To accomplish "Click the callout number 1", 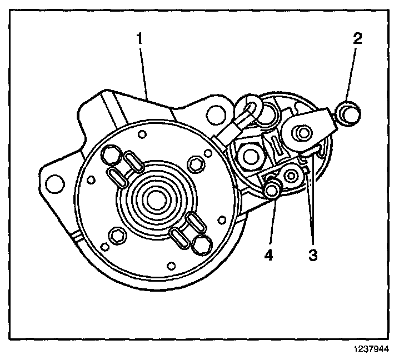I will tap(141, 39).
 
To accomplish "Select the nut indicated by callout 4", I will tap(272, 191).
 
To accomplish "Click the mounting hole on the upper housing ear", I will tap(213, 115).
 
